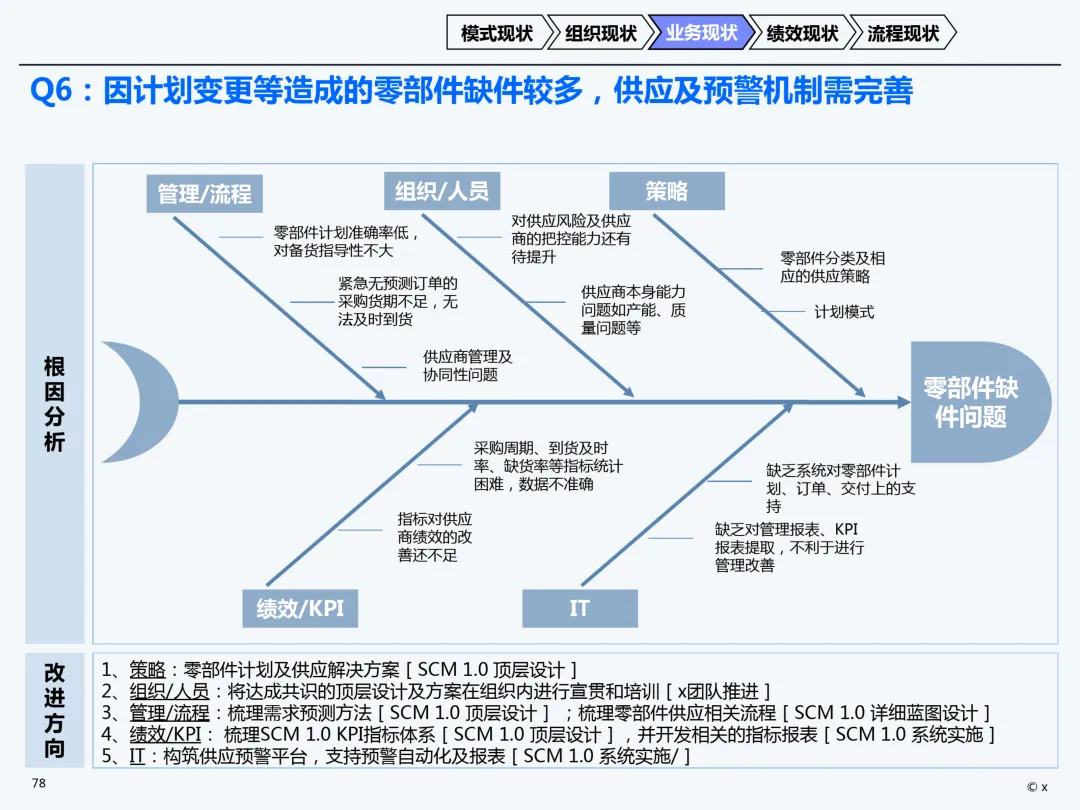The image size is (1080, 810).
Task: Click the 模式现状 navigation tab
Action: [497, 33]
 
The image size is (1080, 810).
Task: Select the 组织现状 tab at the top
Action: [600, 33]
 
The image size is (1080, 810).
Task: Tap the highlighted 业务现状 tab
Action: [700, 33]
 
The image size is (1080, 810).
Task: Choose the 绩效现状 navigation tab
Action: [801, 33]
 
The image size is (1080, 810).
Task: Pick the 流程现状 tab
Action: [902, 33]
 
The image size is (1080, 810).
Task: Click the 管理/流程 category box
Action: [204, 193]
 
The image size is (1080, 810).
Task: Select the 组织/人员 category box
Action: [441, 190]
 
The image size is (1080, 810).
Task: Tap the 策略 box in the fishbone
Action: [667, 190]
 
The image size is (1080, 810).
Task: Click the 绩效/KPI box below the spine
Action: [300, 608]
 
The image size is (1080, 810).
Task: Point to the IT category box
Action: [579, 608]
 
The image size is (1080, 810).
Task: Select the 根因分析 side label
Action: [54, 404]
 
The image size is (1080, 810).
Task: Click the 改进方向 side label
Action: [54, 710]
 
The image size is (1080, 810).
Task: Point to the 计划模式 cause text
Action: [843, 312]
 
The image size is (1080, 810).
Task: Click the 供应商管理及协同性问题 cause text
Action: [467, 365]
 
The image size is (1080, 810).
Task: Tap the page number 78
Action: [39, 783]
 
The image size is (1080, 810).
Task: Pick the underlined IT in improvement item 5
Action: [137, 756]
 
